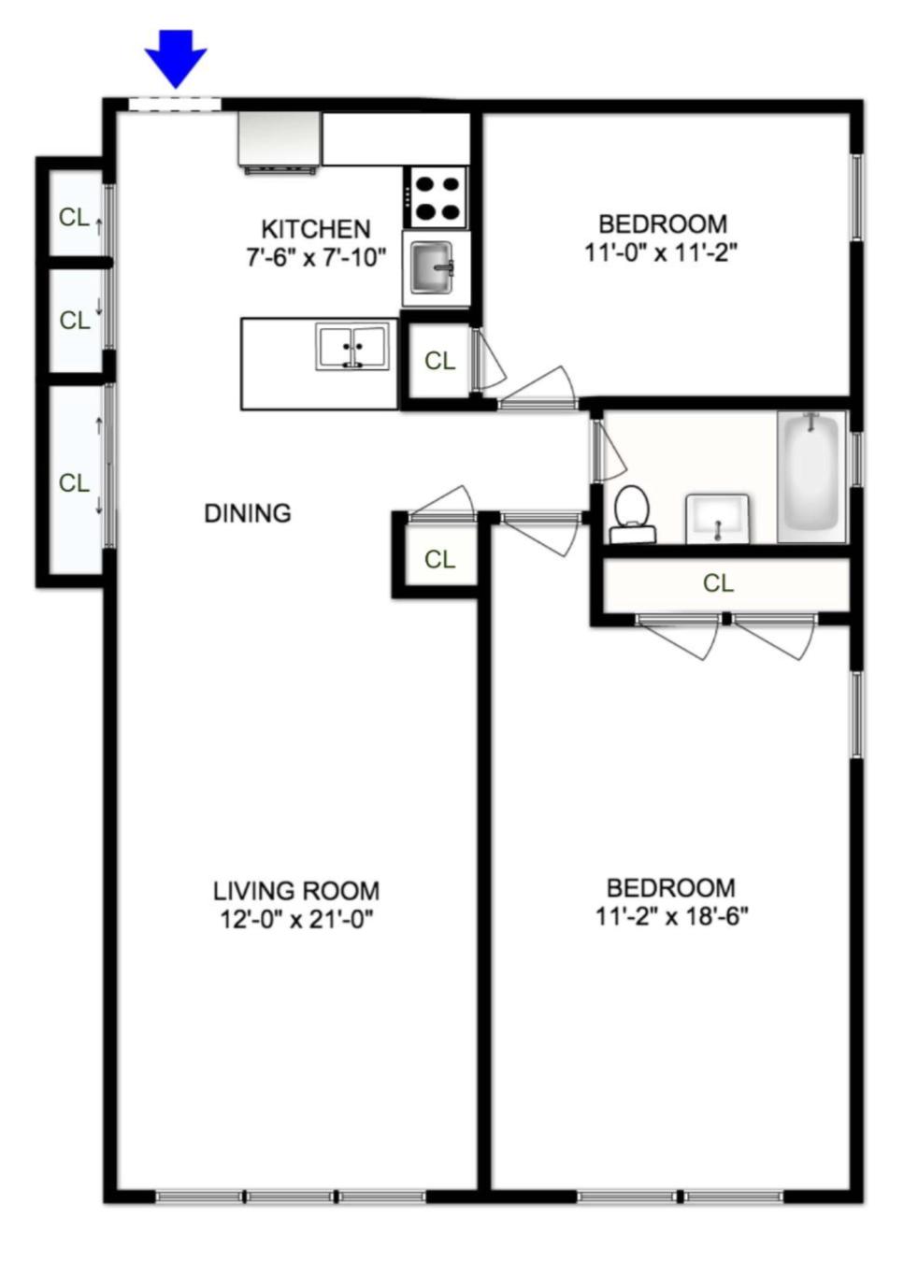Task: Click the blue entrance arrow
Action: [x=175, y=57]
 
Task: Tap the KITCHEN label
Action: [x=315, y=229]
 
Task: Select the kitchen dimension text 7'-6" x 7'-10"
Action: [x=315, y=257]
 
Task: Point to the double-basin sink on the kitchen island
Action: [x=352, y=346]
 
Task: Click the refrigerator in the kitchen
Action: [x=279, y=141]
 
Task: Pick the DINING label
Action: [x=248, y=513]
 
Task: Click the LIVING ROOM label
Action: [x=296, y=891]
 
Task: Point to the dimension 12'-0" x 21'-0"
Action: [x=296, y=920]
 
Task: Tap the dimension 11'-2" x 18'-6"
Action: [x=671, y=916]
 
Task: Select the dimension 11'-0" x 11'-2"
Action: [x=662, y=253]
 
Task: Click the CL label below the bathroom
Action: [x=718, y=583]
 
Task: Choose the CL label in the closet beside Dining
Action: [x=439, y=559]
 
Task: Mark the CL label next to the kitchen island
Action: [x=439, y=360]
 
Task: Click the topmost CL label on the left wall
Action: [x=74, y=218]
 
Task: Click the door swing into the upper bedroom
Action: [x=540, y=386]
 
